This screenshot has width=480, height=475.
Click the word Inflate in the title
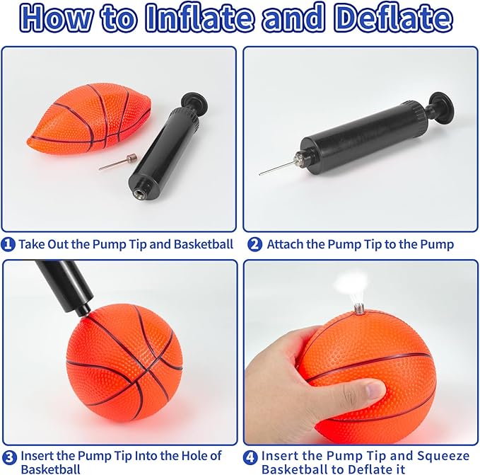[x=200, y=18]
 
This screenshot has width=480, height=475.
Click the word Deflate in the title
[x=393, y=18]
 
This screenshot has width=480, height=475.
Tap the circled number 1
[x=8, y=244]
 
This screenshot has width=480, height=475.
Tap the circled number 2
[x=254, y=244]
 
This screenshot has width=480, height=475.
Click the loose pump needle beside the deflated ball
[x=118, y=162]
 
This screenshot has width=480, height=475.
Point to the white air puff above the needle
[x=351, y=282]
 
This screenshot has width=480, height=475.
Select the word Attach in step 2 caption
[x=285, y=244]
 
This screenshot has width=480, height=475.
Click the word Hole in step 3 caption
[x=194, y=456]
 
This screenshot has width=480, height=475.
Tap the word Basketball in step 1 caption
[x=204, y=244]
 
